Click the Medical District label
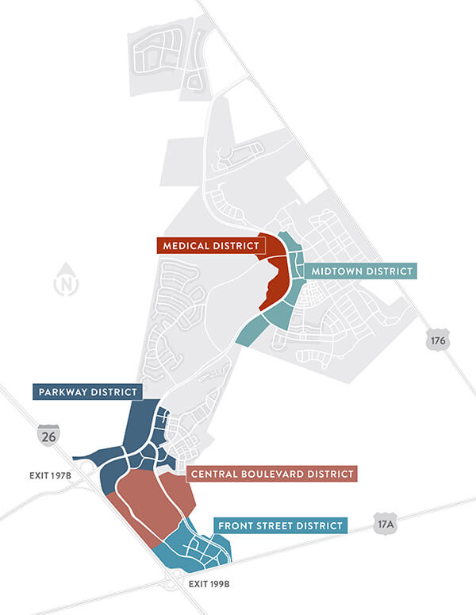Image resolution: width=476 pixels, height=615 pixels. click(x=209, y=247)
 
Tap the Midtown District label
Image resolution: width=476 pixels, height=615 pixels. click(x=362, y=271)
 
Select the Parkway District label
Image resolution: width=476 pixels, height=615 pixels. click(x=88, y=392)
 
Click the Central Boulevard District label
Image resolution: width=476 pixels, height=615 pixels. click(x=272, y=474)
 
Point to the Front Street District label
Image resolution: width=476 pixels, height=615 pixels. click(x=281, y=525)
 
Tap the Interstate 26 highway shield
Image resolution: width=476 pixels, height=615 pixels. click(x=48, y=434)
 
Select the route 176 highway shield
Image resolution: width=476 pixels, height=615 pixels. click(x=438, y=340)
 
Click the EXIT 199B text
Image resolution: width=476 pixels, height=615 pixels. click(x=209, y=583)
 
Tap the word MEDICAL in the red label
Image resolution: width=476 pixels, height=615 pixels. click(x=187, y=247)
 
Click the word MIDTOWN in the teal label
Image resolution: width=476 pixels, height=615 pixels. click(x=339, y=271)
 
